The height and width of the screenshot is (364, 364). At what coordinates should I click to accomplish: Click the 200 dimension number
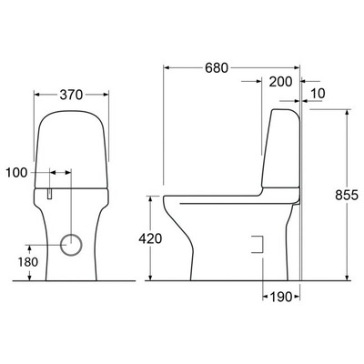(x=281, y=82)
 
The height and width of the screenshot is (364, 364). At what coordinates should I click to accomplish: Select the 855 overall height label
(x=346, y=196)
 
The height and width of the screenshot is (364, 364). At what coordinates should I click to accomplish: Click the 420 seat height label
(x=151, y=239)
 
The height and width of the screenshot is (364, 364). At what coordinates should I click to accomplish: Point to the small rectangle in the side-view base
(x=256, y=244)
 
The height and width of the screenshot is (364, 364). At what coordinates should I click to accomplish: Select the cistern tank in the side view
(x=282, y=150)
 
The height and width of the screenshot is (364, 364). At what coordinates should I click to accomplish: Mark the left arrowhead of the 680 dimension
(x=167, y=67)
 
